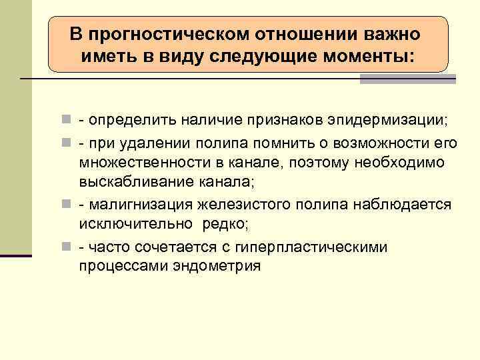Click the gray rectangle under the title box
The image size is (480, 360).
click(407, 79)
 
